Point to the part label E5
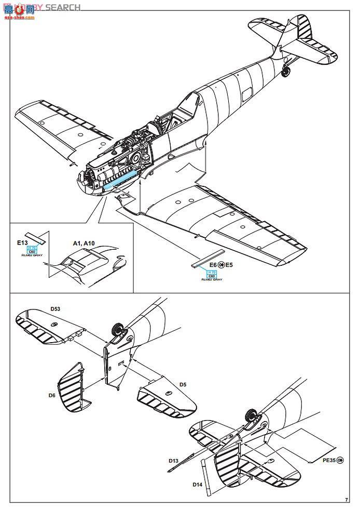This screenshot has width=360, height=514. [229, 265]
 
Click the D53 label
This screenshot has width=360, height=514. [56, 309]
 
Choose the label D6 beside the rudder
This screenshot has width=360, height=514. [51, 396]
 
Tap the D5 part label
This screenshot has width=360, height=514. [182, 384]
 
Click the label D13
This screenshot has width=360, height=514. [174, 460]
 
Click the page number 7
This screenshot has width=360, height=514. [346, 500]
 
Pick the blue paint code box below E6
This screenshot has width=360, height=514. [211, 274]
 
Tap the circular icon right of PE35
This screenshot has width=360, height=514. [340, 459]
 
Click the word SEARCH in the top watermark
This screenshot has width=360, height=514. [63, 7]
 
